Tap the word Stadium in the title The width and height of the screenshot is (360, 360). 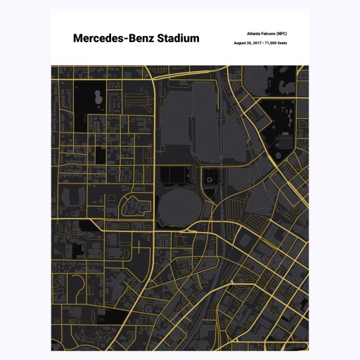pyautogui.click(x=172, y=39)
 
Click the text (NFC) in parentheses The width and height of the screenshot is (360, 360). pyautogui.click(x=281, y=33)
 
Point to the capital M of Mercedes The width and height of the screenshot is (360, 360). pyautogui.click(x=78, y=39)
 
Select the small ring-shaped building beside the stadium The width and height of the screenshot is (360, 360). pyautogui.click(x=209, y=181)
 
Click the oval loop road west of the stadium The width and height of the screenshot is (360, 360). pyautogui.click(x=135, y=206)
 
